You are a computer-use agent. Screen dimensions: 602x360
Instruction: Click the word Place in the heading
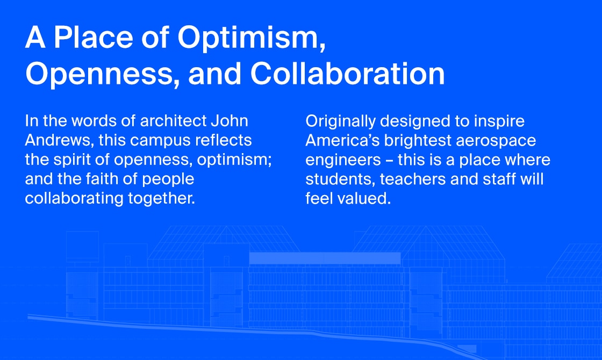pyautogui.click(x=94, y=37)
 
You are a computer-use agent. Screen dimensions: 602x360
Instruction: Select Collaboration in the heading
pyautogui.click(x=347, y=73)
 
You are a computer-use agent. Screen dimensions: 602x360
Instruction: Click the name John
pyautogui.click(x=229, y=121)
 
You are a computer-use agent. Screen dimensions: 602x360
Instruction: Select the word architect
pyautogui.click(x=174, y=121)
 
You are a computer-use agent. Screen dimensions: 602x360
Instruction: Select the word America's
pyautogui.click(x=342, y=140)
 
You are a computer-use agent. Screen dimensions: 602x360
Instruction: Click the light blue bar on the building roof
pyautogui.click(x=325, y=258)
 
